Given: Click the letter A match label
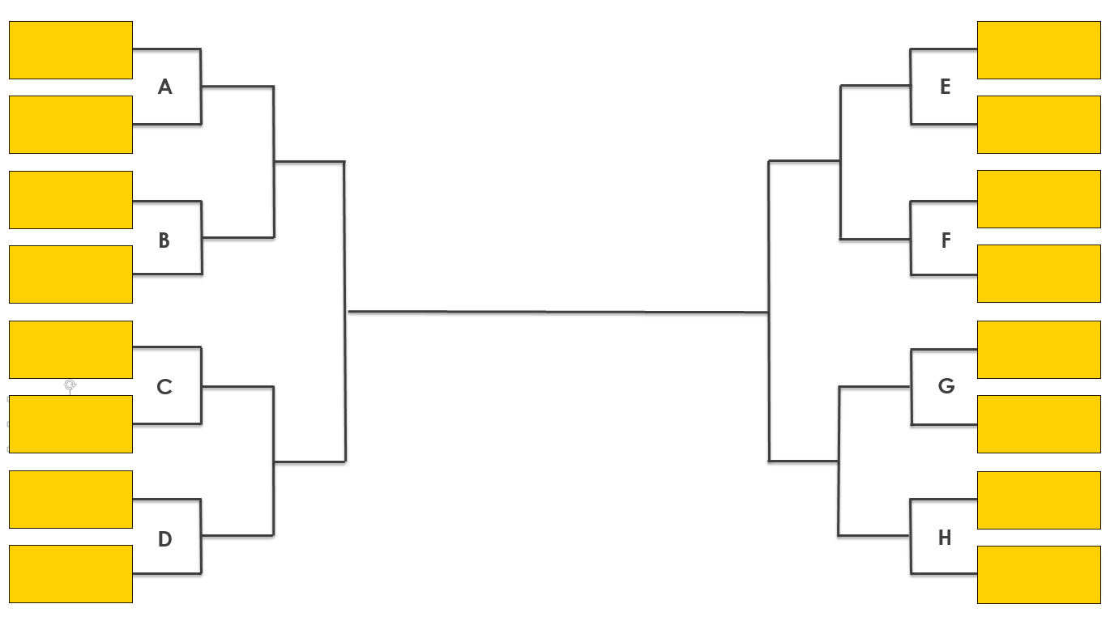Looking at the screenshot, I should pos(165,87).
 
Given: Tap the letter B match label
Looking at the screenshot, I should pos(164,240).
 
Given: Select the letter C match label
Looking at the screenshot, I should pos(164,387).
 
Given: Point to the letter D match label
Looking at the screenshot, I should pos(165,539).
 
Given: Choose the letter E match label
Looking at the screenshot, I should pos(945,87).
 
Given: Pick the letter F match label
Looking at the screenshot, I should pos(946,240).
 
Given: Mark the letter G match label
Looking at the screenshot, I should pos(946,386).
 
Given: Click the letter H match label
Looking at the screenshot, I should pos(945,538).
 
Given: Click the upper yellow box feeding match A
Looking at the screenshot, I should pos(70,50).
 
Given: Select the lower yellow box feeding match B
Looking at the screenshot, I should pos(70,274).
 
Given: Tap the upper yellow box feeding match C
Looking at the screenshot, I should pos(70,350).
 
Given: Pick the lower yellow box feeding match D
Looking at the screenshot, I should pos(70,574).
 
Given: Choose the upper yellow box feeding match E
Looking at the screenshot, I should pos(1039,50).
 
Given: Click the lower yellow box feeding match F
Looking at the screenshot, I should pos(1039,274).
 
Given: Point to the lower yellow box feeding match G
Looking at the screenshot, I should pos(1039,424).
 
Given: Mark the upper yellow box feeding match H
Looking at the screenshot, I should pos(1039,500).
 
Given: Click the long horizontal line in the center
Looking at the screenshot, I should pos(557,312).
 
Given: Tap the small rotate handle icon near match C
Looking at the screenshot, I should pos(70,385).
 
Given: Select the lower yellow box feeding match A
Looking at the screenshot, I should pos(70,125).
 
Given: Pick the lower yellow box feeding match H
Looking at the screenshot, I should pos(1039,575).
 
